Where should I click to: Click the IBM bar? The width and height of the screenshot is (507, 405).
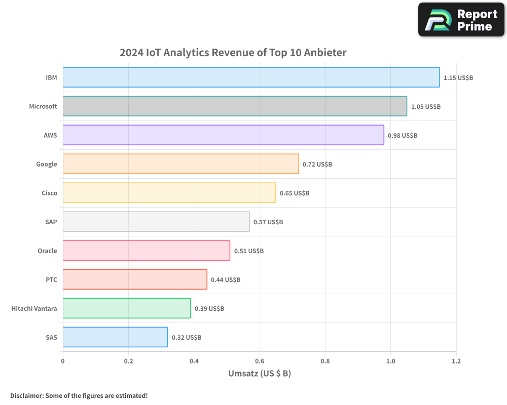[251, 77]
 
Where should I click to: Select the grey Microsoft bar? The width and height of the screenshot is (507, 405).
[235, 106]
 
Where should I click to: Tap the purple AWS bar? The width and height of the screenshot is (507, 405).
[223, 135]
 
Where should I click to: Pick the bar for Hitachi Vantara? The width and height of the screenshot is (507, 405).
[127, 308]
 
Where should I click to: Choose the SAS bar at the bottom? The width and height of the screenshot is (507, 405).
[115, 337]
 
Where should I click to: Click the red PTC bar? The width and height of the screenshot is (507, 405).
[135, 279]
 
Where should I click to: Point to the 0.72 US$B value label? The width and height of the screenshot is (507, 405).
[317, 165]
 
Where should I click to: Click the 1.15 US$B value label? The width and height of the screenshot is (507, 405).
[458, 78]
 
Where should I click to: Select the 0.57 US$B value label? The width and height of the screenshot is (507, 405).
[268, 222]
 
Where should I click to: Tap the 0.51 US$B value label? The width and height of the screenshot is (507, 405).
[249, 251]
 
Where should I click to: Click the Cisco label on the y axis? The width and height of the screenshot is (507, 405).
[49, 193]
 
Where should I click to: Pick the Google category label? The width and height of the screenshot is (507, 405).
[47, 164]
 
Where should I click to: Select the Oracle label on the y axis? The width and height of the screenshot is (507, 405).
[47, 251]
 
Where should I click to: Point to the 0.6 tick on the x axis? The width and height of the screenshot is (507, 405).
[260, 361]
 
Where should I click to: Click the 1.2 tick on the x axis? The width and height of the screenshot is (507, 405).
[456, 361]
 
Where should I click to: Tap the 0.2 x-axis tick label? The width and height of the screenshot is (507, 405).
[128, 361]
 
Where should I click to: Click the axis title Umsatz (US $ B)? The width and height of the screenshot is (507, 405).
[260, 374]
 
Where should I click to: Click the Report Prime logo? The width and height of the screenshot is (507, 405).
[461, 20]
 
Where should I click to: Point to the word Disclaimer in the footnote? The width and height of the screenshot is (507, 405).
[26, 395]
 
